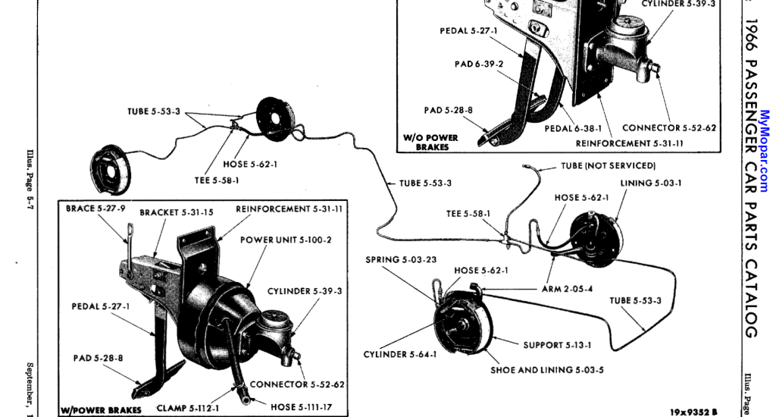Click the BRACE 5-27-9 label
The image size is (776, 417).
coord(95,208)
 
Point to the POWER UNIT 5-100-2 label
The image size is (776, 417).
coord(286,240)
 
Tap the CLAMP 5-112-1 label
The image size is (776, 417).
coord(188,408)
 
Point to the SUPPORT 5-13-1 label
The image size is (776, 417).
coord(557,345)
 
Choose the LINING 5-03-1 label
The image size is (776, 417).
coord(651,183)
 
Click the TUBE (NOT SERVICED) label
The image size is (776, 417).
coord(608,165)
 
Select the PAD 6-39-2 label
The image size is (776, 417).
coord(479,64)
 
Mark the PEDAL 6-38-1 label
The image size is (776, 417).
coord(572,129)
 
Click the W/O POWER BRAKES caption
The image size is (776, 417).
coord(431,142)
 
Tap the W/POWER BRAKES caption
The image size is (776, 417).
coord(101,410)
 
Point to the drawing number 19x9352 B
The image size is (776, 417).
coord(693,412)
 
